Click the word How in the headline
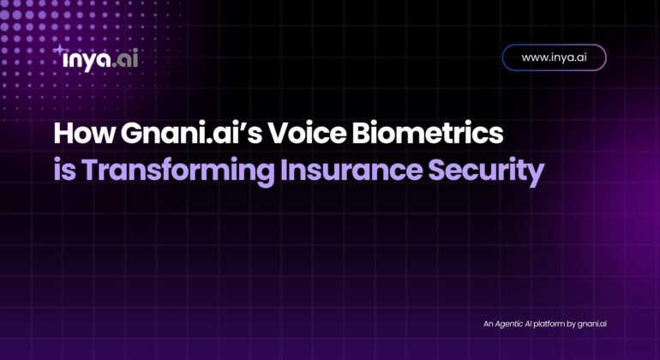tap(84, 134)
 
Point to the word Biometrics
tap(428, 134)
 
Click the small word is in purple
tap(65, 170)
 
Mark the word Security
tap(486, 171)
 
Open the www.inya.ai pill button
tap(554, 57)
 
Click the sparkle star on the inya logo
tap(60, 50)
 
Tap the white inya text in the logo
tap(87, 60)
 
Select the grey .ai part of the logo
tap(125, 59)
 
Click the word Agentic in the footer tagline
tap(509, 324)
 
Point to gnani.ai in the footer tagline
tap(591, 324)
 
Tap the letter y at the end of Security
tap(536, 175)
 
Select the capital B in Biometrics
tap(361, 134)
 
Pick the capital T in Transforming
tap(90, 170)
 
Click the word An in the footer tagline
tap(488, 324)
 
